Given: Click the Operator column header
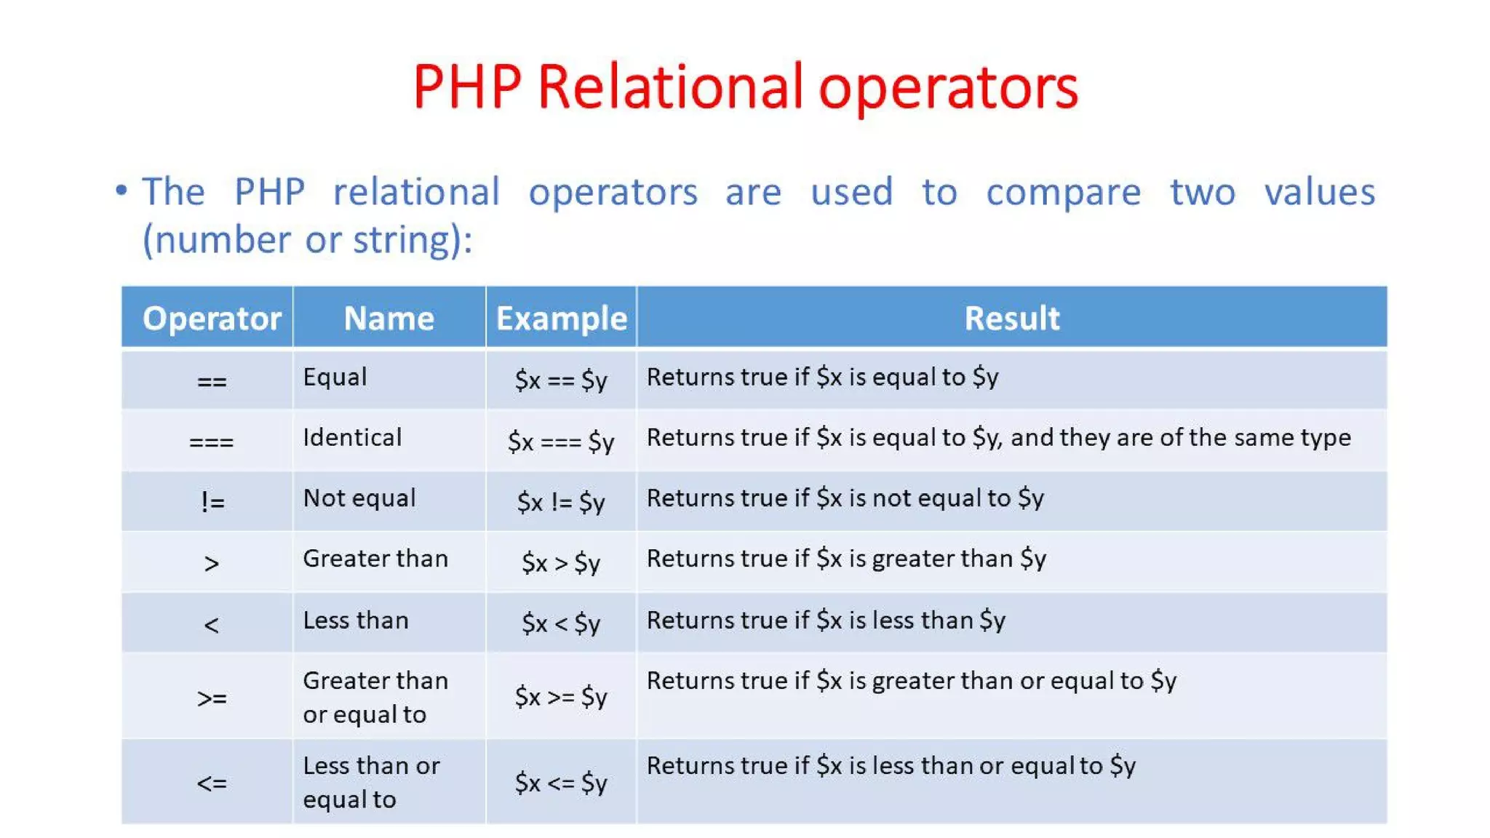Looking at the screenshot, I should click(x=212, y=319).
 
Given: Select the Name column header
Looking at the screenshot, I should click(x=389, y=319).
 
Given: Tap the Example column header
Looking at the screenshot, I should click(x=561, y=319).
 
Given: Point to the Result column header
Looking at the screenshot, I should click(x=1011, y=319).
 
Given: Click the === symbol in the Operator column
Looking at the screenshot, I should click(x=211, y=442).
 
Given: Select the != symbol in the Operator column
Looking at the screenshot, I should click(x=212, y=501).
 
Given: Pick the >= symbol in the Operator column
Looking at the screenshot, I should click(x=212, y=698).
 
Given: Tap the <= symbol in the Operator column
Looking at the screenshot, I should click(x=212, y=783).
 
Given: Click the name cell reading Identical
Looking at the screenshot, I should click(x=352, y=437).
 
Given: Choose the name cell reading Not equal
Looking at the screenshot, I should click(x=359, y=498).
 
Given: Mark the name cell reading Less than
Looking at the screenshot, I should click(x=356, y=620).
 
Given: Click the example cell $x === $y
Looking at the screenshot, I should click(x=561, y=442).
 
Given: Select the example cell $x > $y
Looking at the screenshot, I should click(x=561, y=562).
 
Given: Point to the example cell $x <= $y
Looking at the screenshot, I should click(x=561, y=783).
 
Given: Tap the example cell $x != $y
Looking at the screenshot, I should click(x=561, y=502).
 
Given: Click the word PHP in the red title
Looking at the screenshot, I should click(x=467, y=87).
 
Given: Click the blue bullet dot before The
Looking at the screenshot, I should click(x=121, y=191).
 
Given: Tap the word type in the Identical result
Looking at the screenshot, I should click(x=1326, y=438).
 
